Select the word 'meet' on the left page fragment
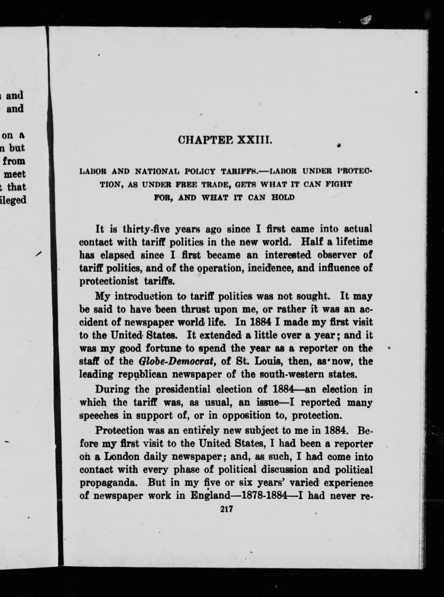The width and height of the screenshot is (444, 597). pyautogui.click(x=14, y=174)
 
